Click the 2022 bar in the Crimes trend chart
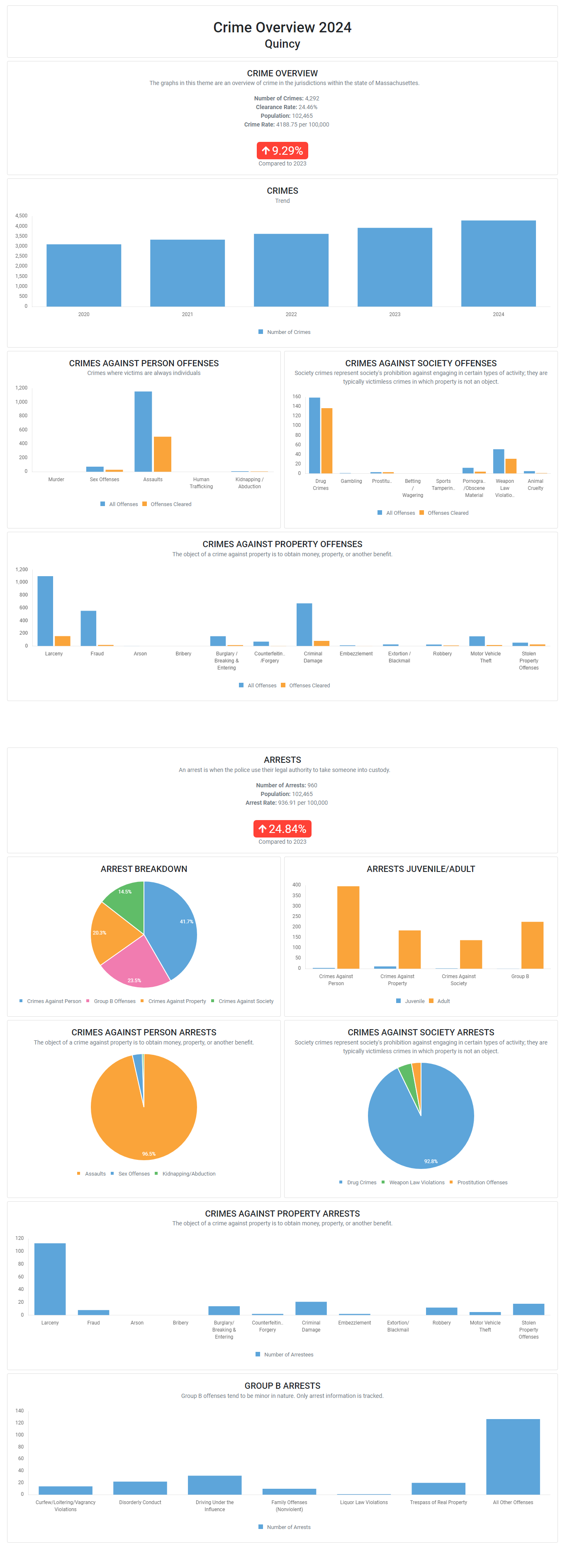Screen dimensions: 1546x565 (291, 270)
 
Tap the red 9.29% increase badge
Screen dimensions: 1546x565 (282, 151)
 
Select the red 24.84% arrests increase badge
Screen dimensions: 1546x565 (282, 829)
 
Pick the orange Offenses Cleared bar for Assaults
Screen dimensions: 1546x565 (162, 454)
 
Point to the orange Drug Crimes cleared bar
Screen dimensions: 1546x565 (326, 441)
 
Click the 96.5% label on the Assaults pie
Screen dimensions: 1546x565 (149, 1154)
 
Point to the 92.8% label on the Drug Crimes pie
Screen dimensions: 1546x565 (431, 1161)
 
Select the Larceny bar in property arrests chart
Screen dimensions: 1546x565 (50, 1279)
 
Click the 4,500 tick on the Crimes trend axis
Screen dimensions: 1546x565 (22, 215)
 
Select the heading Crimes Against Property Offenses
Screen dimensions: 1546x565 (282, 544)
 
